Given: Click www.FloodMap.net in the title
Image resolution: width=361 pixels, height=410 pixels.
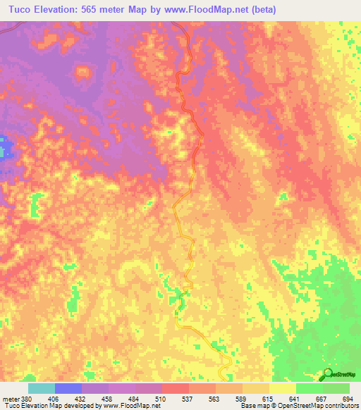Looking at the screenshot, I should [205, 10].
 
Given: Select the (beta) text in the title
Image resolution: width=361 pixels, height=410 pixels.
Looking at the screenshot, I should [261, 10].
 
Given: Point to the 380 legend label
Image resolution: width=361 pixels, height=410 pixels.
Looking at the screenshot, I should [27, 399].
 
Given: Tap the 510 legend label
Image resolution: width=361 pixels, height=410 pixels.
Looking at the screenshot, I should [161, 399].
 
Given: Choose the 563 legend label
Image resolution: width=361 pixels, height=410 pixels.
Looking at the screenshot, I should [214, 399].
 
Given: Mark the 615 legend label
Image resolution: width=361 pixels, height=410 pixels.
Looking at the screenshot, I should [268, 399].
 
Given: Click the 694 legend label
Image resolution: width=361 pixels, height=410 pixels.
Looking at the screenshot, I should [345, 399].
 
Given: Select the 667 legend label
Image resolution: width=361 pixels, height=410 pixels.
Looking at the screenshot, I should [322, 399].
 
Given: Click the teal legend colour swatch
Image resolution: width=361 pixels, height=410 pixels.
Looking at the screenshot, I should [41, 388].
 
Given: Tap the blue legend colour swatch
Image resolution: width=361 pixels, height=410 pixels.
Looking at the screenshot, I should [68, 388].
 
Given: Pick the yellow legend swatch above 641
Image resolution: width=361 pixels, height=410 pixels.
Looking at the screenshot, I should [282, 388].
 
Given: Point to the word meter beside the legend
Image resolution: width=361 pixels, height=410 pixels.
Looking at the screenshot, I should [10, 399].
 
